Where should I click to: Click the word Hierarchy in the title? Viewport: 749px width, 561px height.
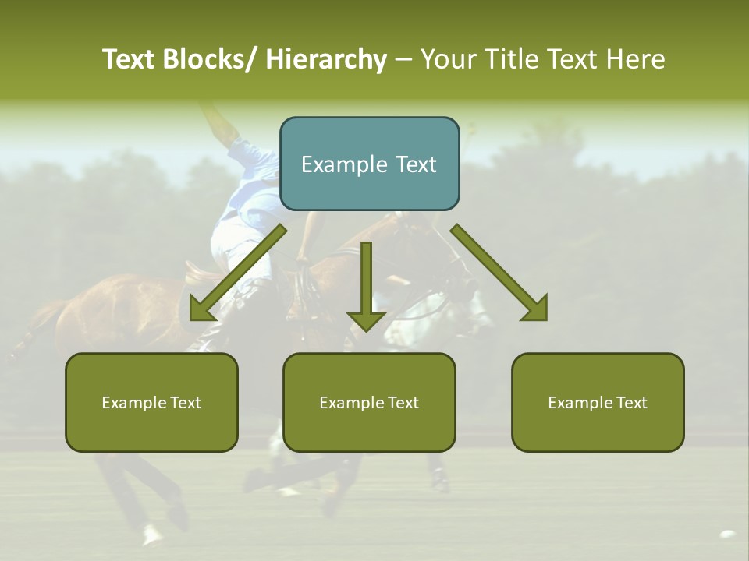[x=326, y=59]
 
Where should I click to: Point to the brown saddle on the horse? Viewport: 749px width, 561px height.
[x=201, y=270]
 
